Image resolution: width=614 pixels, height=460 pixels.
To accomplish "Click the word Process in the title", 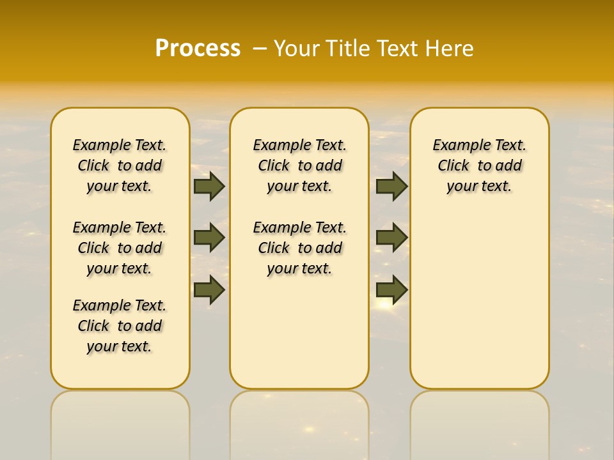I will (198, 48).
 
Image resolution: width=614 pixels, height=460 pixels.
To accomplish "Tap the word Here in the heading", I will (450, 48).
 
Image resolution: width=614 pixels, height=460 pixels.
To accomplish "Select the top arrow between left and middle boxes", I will (209, 187).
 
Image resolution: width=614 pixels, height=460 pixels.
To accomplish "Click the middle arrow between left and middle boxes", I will (209, 238).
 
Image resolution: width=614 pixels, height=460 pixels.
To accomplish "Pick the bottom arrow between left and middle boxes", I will (209, 289).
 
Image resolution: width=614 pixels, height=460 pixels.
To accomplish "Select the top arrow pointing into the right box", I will (391, 187).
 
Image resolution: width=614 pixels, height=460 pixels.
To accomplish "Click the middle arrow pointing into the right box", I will (391, 238).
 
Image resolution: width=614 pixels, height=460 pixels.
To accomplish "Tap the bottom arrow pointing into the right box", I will (391, 289).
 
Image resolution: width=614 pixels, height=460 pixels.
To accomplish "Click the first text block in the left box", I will (120, 165).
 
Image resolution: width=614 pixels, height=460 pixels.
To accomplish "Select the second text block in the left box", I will (120, 248).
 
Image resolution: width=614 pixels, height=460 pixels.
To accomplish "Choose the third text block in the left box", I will (120, 326).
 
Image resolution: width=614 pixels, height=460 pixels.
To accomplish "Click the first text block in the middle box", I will (299, 165).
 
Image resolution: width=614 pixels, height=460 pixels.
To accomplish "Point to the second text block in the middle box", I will (299, 248).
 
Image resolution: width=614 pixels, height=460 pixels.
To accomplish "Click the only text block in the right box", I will (480, 165).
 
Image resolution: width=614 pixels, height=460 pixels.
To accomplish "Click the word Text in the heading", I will (397, 48).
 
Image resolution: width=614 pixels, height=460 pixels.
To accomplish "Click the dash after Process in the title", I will (260, 48).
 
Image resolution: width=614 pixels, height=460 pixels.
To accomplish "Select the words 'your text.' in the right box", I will (480, 187).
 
